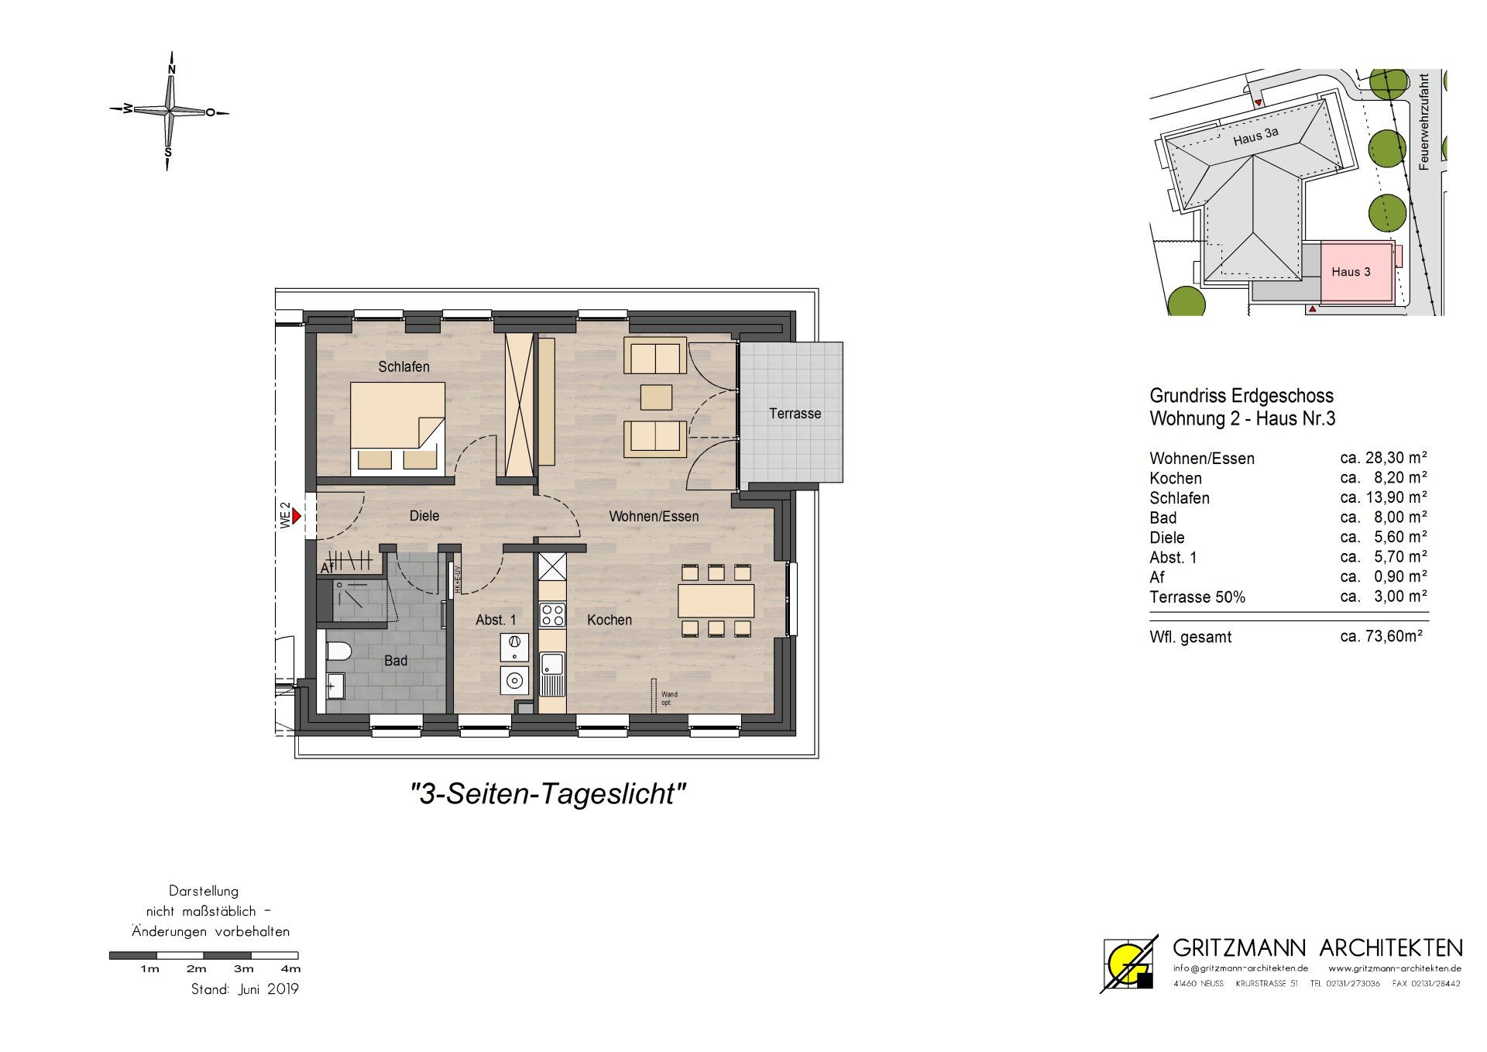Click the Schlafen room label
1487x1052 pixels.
point(404,366)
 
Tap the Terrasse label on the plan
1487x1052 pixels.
point(795,414)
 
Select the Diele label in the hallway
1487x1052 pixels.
point(424,516)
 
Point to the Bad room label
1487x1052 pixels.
point(396,661)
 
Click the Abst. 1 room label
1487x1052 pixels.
point(496,620)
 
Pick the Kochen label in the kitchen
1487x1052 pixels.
point(610,620)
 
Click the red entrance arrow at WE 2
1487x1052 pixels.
point(296,516)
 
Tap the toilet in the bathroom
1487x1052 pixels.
point(338,650)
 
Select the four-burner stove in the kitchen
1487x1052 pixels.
point(553,615)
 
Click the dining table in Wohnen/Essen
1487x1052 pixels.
point(716,600)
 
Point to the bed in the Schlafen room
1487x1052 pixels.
point(397,428)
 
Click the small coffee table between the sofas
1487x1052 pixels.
point(656,397)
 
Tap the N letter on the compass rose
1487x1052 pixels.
point(172,70)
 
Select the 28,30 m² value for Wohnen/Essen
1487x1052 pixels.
point(1384,458)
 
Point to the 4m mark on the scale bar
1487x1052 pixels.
point(290,968)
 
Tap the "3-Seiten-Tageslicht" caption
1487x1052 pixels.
point(548,794)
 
